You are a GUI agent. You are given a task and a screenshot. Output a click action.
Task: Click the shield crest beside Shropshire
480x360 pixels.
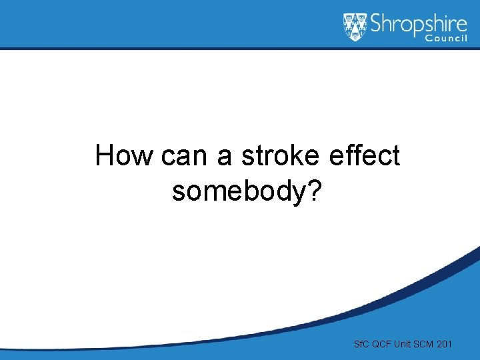point(355,27)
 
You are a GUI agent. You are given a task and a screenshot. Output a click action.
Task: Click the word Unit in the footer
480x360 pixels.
point(403,344)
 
